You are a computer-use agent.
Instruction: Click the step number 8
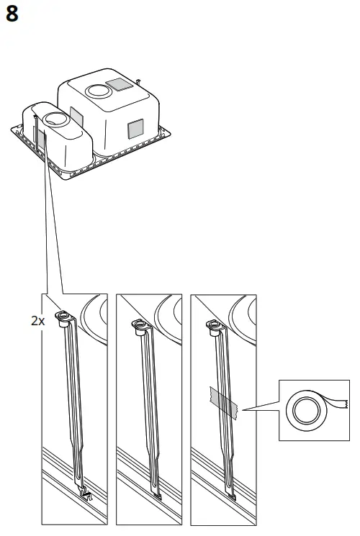[13, 14]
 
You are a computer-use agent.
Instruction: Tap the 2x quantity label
[38, 321]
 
